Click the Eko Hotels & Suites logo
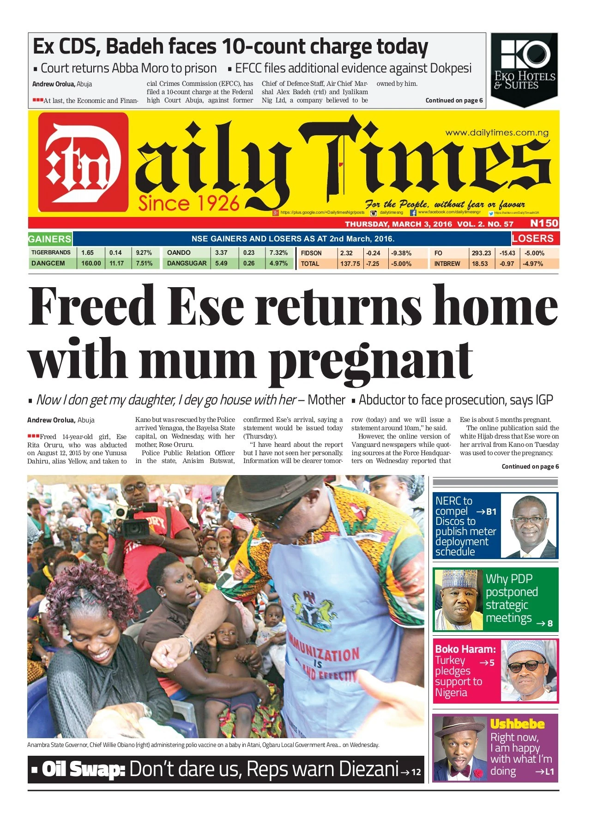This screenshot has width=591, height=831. [x=525, y=69]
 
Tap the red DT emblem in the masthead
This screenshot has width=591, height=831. [x=83, y=163]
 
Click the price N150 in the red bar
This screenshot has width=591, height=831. [x=544, y=223]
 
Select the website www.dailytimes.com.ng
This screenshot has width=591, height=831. [x=497, y=133]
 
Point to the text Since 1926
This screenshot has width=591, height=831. [x=189, y=203]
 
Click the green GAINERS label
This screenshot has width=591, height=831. [x=49, y=239]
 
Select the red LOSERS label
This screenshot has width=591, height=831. [x=535, y=239]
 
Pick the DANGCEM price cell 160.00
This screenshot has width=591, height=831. [x=91, y=264]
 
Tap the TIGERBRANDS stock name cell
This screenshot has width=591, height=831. [x=51, y=253]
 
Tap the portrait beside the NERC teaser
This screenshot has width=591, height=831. [x=529, y=526]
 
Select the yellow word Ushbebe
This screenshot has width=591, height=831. [x=517, y=724]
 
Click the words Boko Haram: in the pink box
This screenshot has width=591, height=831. [x=465, y=649]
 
